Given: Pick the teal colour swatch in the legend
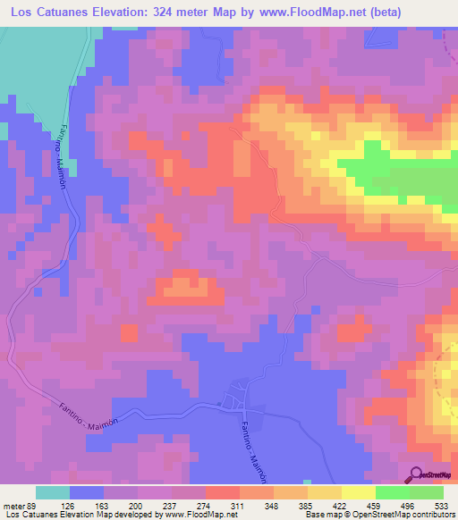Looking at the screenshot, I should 52,492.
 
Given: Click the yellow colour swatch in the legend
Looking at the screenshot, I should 357,492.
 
